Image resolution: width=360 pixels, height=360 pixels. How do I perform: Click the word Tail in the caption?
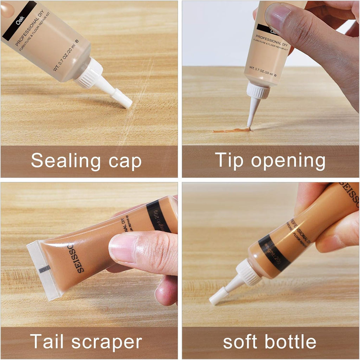[x=47, y=341]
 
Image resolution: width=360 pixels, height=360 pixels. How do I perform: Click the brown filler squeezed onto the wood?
[x=230, y=130]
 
